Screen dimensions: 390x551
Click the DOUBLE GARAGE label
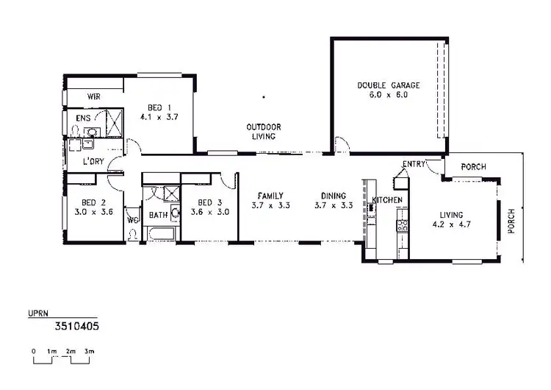[x=383, y=85]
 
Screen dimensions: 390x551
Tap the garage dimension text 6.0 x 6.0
[x=383, y=95]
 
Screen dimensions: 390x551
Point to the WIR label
[x=94, y=96]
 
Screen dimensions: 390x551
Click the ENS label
[x=83, y=116]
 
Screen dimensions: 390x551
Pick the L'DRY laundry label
[x=93, y=161]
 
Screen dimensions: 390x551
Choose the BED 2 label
[x=90, y=202]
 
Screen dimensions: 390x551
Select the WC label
[x=133, y=219]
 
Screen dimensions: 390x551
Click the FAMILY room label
[x=270, y=196]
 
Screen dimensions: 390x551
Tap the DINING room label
[x=333, y=196]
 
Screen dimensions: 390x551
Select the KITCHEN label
[x=387, y=200]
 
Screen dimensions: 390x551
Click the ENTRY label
[x=414, y=164]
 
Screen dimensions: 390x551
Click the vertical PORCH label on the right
[x=512, y=221]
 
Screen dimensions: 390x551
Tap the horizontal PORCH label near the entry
[x=473, y=167]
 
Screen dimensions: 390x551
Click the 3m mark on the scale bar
[x=89, y=352]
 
